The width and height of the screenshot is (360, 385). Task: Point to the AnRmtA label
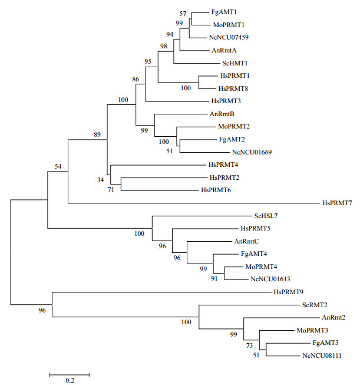[x=224, y=51]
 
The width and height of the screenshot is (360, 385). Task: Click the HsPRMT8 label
[x=232, y=88]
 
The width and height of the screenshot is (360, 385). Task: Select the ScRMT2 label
[x=315, y=305]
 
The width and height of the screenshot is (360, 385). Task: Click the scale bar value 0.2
[x=70, y=380]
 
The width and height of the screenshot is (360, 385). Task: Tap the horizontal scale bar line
[x=70, y=373]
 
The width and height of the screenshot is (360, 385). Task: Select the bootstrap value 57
[x=183, y=14]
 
